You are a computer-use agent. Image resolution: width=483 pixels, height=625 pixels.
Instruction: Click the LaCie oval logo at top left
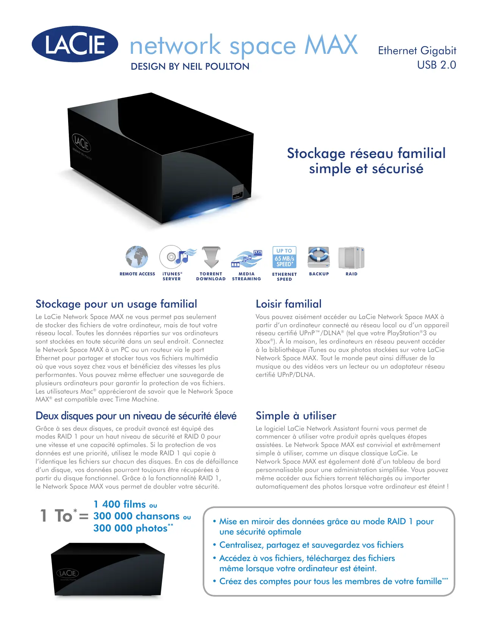click(x=75, y=44)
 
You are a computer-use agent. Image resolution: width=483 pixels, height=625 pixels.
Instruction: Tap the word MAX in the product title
click(x=331, y=45)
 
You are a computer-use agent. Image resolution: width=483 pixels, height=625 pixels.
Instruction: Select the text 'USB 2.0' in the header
click(x=436, y=65)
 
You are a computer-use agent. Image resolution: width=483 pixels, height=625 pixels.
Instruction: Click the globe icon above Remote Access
click(x=137, y=257)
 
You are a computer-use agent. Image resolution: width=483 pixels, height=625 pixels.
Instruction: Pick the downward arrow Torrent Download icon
click(x=211, y=257)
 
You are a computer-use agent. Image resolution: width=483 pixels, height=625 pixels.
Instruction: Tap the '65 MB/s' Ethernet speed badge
click(x=284, y=258)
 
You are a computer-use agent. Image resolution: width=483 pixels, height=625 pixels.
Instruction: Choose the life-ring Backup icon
click(x=319, y=257)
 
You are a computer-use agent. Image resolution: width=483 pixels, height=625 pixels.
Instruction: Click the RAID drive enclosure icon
click(x=351, y=258)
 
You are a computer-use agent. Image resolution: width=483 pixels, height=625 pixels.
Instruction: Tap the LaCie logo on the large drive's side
click(x=81, y=143)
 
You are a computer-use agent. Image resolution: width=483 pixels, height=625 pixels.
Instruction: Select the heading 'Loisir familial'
click(x=288, y=304)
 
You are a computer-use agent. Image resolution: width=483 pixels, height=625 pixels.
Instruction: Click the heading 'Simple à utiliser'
click(x=296, y=416)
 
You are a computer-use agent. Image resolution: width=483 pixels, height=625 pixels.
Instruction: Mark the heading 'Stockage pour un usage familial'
click(x=116, y=304)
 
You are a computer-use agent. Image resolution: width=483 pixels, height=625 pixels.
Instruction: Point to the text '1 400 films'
click(x=120, y=504)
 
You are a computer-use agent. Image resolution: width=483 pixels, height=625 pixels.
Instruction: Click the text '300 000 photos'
click(x=130, y=528)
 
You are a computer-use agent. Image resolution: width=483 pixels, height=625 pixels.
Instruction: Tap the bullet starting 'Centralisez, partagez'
click(x=311, y=545)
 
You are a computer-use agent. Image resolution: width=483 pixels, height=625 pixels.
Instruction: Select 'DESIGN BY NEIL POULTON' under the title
click(x=190, y=67)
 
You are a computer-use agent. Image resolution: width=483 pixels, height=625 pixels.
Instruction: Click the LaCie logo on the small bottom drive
click(x=68, y=573)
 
